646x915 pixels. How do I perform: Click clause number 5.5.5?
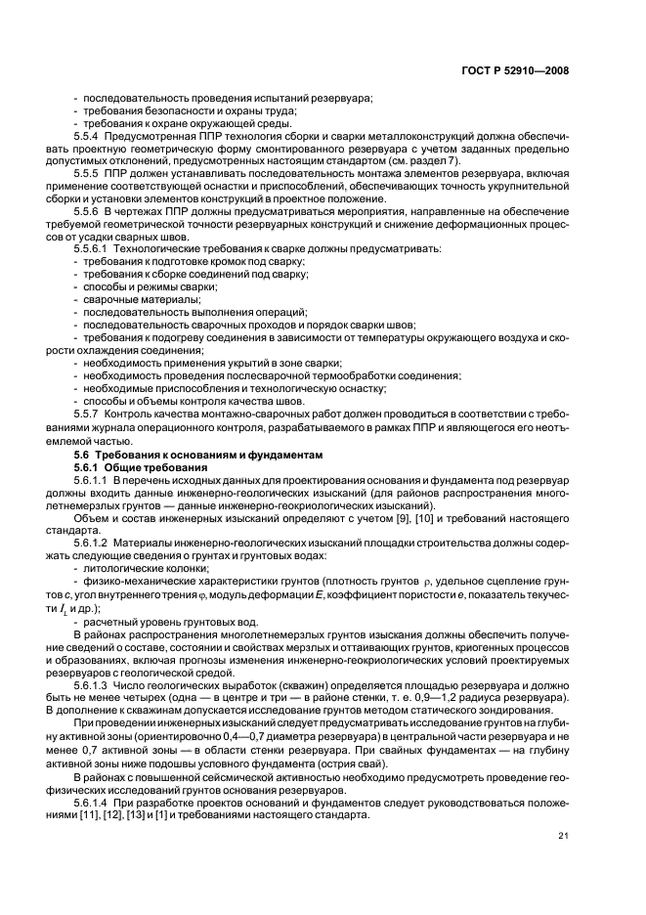click(x=89, y=171)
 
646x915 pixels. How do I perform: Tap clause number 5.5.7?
click(x=89, y=414)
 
